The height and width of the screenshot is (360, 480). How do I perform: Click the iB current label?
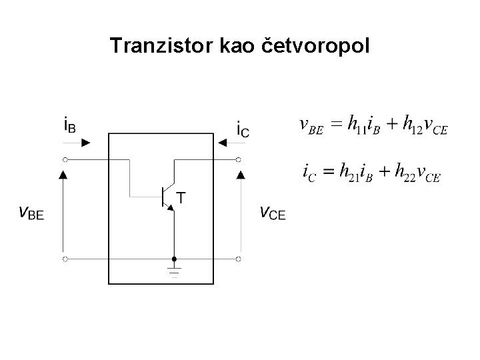click(69, 125)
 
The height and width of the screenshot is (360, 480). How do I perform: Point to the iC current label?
click(243, 127)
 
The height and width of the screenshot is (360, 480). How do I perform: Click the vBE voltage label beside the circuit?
click(31, 213)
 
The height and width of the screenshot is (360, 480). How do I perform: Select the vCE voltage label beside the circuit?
click(273, 213)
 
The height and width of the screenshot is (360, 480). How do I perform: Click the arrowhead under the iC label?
click(220, 142)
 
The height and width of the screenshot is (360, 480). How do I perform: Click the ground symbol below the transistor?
click(174, 270)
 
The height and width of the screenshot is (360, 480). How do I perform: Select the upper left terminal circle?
click(65, 159)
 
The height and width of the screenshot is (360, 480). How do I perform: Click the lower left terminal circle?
click(65, 257)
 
